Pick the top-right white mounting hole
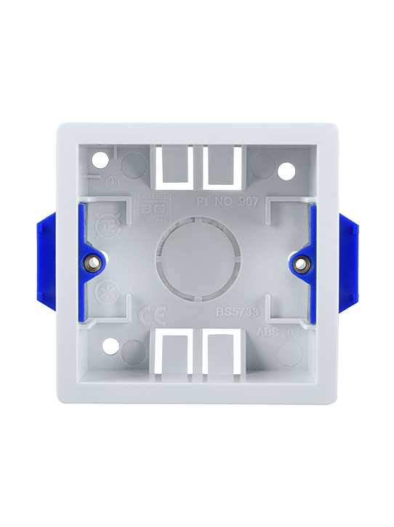[x=288, y=172]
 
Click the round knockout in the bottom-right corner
[x=290, y=352]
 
